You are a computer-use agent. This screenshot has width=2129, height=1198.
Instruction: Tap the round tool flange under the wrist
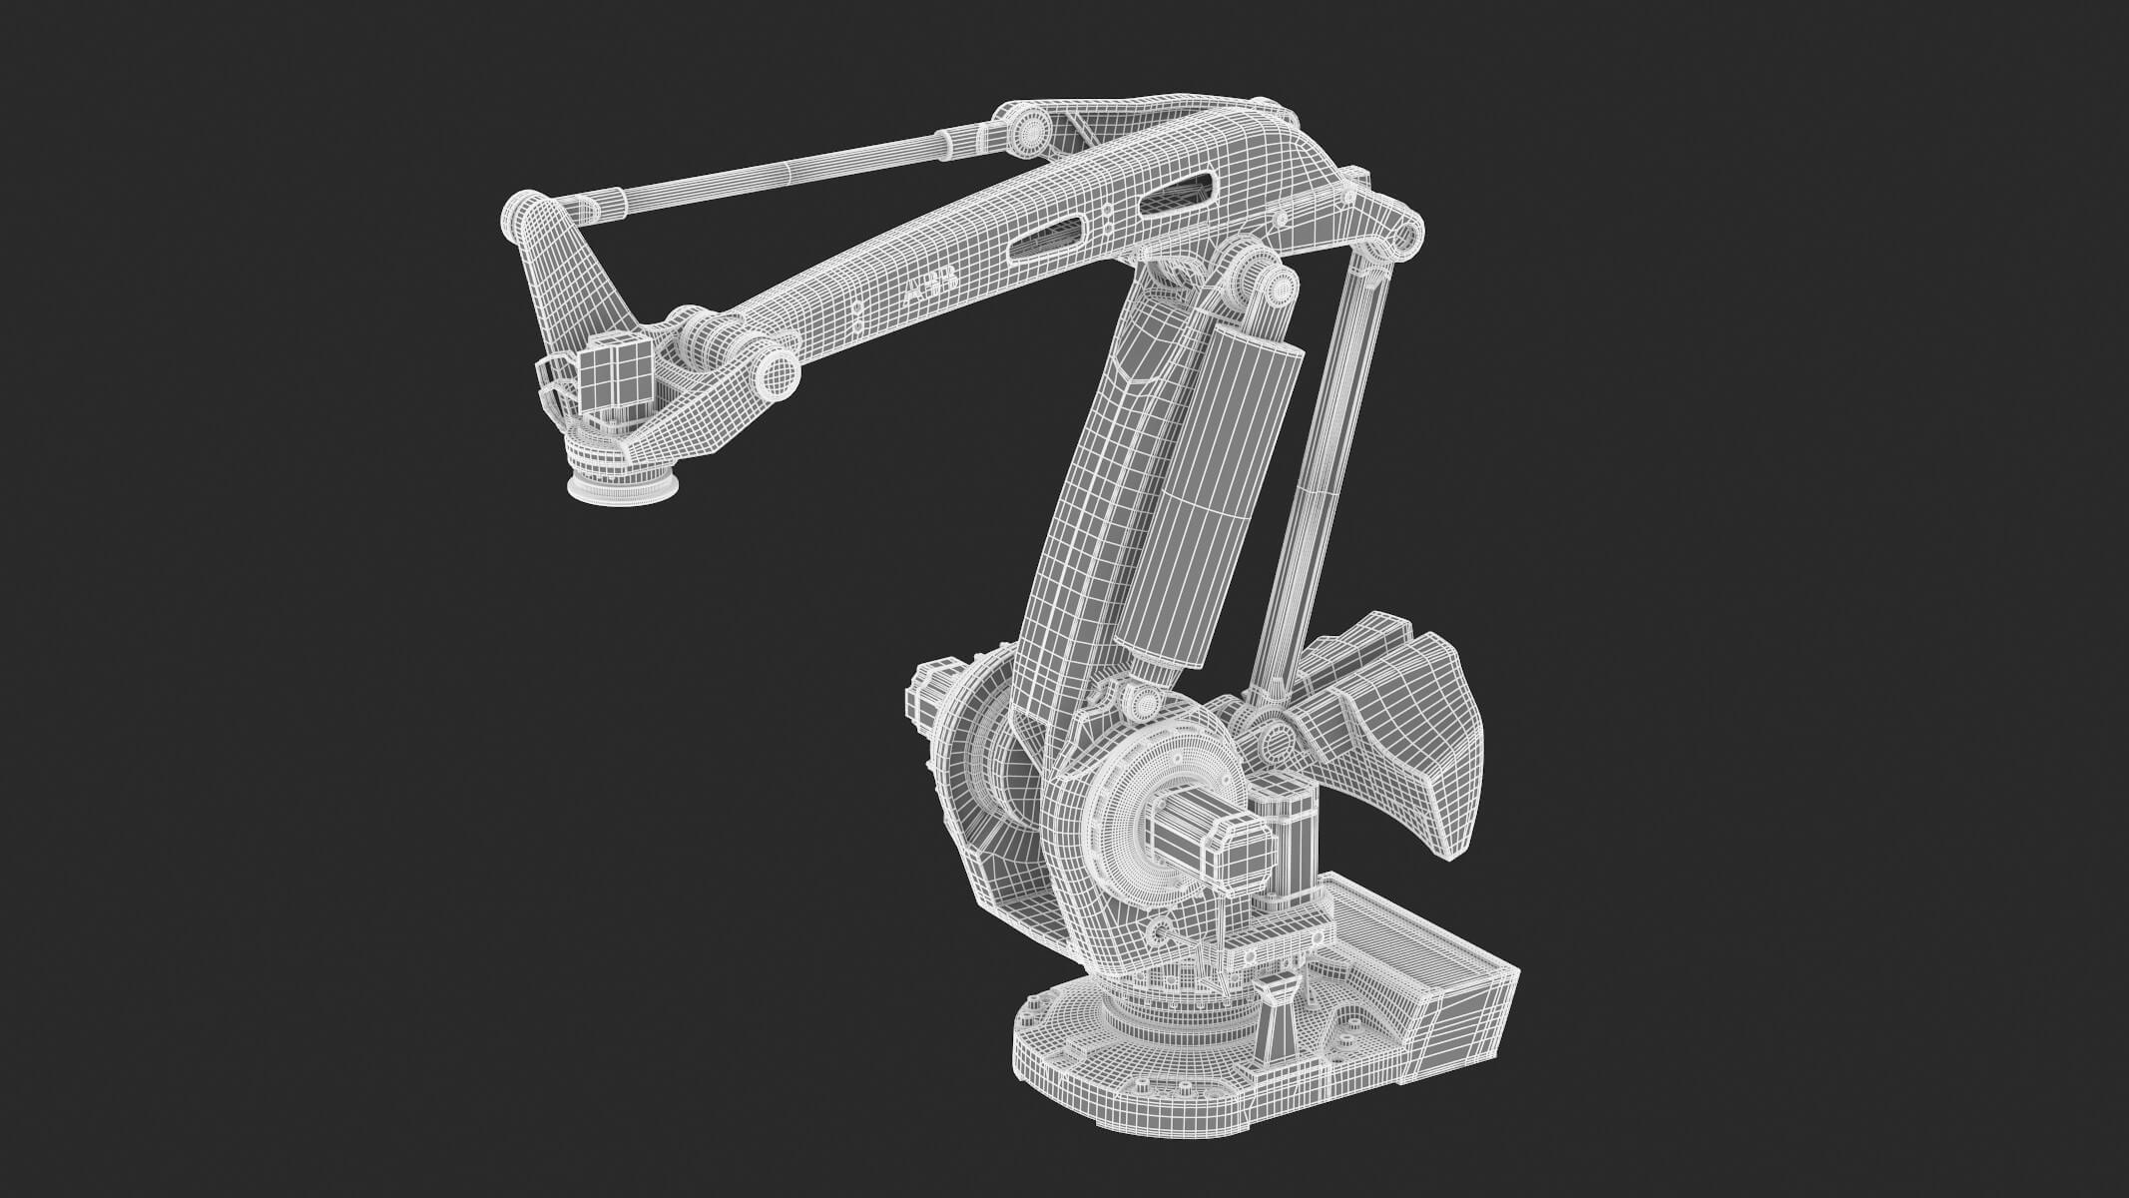(x=624, y=488)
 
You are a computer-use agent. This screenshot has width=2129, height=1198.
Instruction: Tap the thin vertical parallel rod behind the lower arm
(x=1318, y=479)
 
